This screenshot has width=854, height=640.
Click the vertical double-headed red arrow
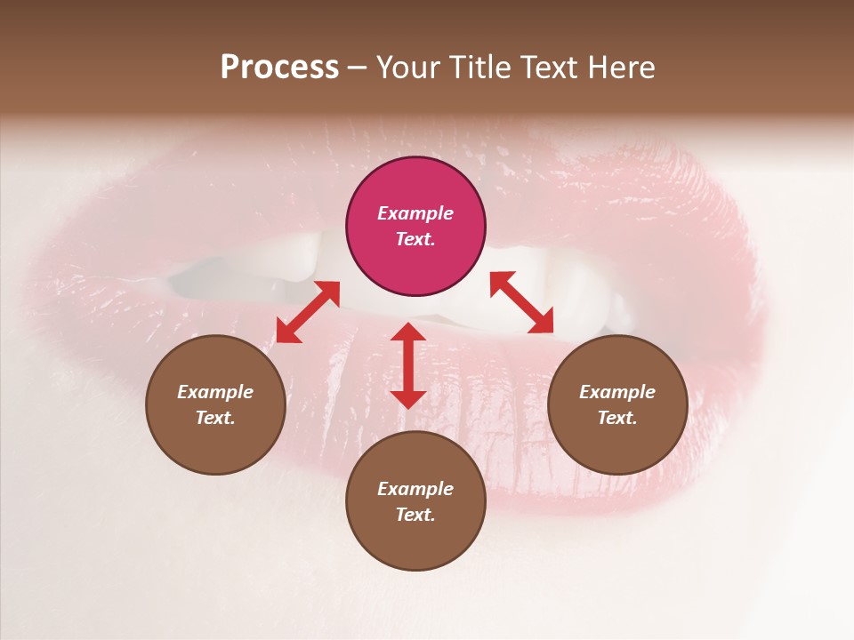click(x=408, y=365)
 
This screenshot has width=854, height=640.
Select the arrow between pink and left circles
click(x=308, y=312)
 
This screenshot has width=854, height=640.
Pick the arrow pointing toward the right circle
click(x=522, y=302)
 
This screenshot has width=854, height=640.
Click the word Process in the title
click(x=279, y=67)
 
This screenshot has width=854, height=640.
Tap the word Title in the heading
click(x=479, y=67)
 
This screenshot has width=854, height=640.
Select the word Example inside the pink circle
click(x=415, y=213)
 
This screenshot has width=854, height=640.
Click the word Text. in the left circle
click(x=215, y=418)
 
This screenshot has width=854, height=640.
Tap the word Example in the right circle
click(x=617, y=392)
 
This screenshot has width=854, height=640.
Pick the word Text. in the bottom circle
click(x=415, y=515)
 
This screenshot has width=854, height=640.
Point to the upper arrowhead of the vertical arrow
click(x=408, y=332)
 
